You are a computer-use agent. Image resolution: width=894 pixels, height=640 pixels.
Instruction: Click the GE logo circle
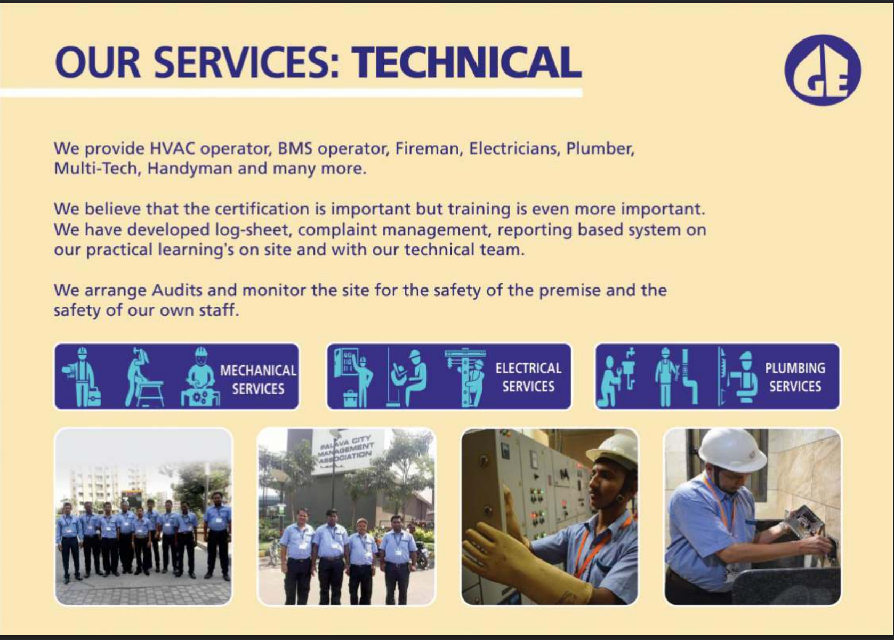[823, 70]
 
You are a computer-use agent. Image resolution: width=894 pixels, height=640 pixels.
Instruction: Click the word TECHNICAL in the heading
[466, 63]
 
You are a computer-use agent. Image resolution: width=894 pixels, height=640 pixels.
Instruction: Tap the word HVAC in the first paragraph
[172, 148]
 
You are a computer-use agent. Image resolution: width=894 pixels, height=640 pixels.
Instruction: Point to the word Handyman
[190, 169]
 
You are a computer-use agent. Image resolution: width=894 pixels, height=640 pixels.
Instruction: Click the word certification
[262, 209]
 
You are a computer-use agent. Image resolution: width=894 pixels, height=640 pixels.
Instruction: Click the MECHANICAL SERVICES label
[258, 379]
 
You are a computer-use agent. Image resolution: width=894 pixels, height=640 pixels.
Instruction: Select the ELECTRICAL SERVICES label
[528, 377]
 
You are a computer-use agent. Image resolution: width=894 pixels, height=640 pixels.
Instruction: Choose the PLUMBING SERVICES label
[795, 377]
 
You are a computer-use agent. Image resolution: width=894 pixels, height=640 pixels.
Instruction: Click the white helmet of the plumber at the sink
[732, 450]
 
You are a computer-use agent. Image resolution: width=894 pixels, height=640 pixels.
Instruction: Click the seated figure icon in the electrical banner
[407, 378]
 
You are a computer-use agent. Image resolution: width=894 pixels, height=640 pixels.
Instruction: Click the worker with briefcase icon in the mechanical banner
[82, 377]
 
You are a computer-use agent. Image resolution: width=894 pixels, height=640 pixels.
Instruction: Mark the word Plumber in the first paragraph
[600, 148]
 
